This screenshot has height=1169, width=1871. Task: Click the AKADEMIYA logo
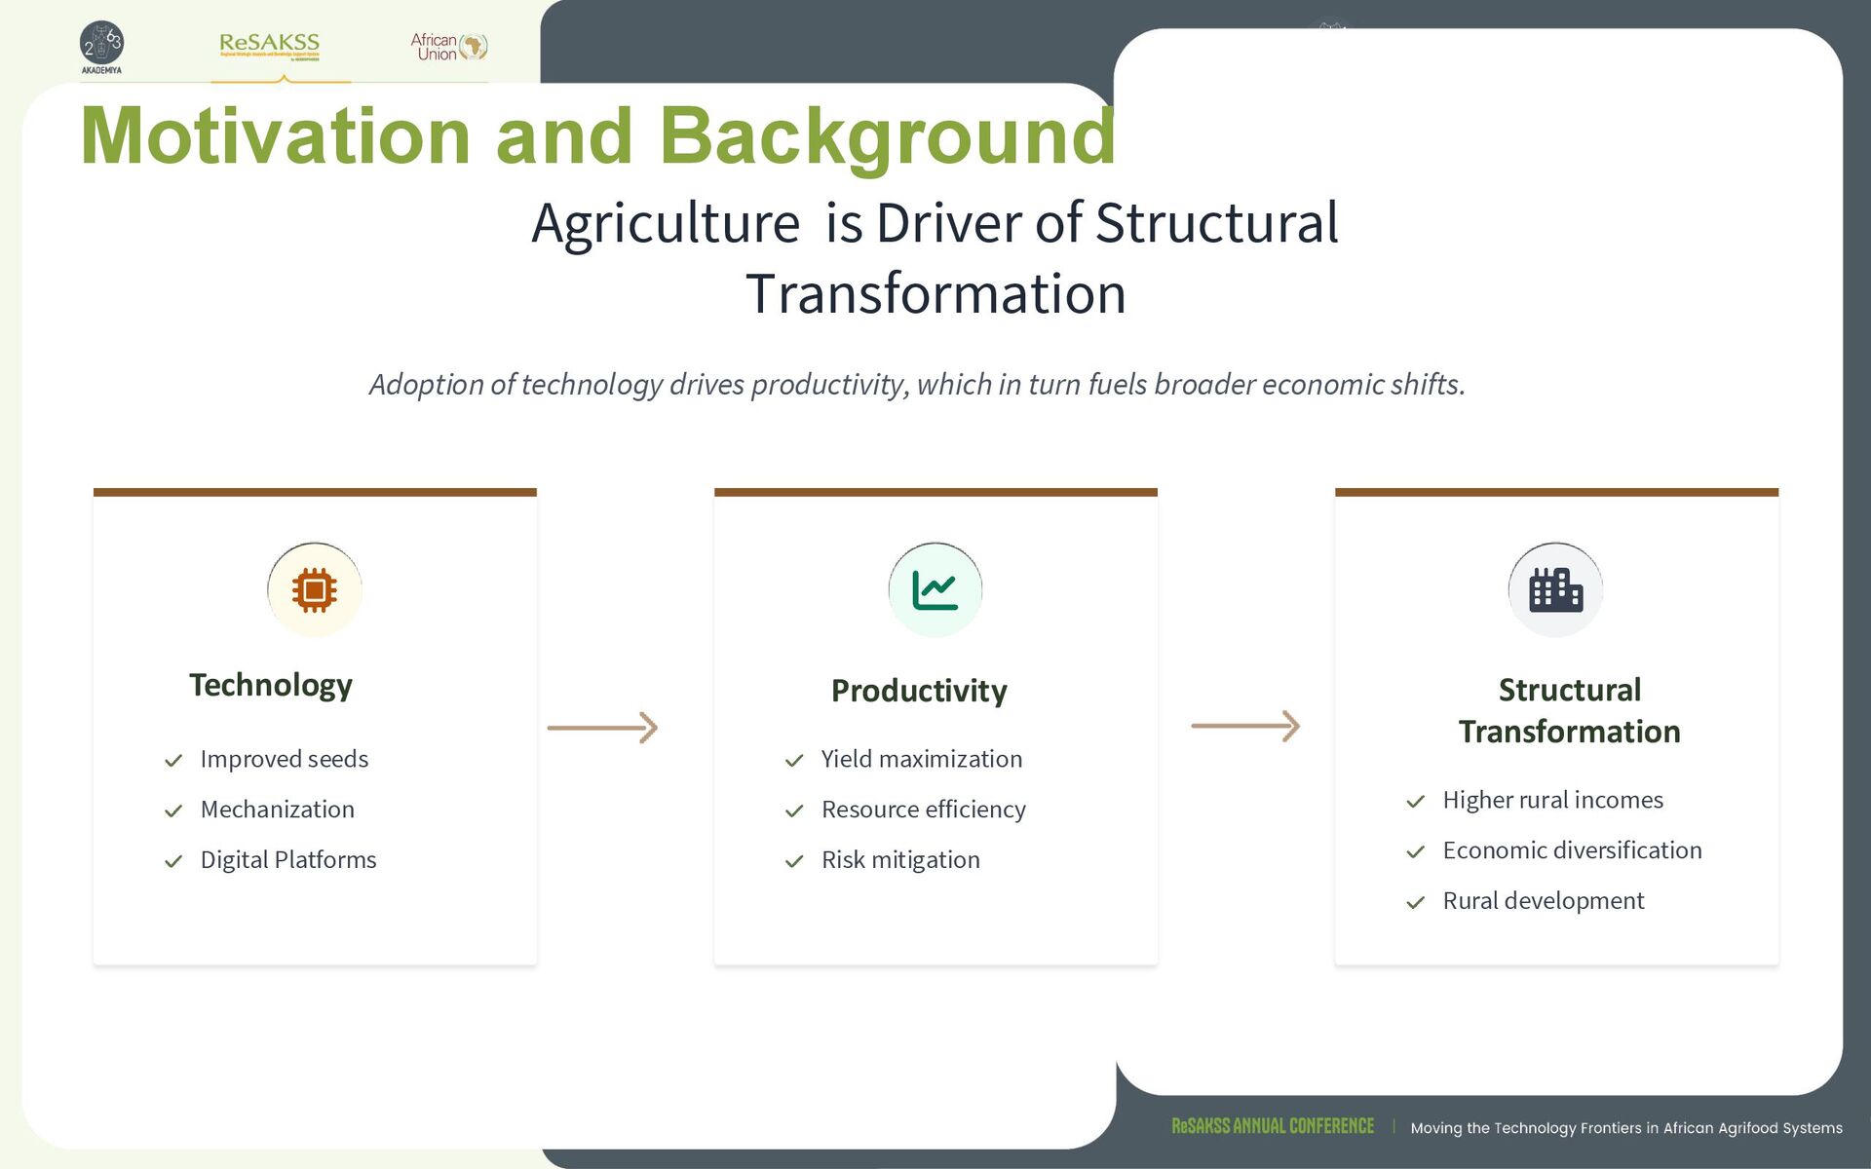pos(101,47)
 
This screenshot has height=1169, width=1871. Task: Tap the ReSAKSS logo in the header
pos(270,46)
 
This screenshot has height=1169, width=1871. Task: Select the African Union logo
pos(448,46)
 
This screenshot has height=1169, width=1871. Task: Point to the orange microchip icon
pos(314,589)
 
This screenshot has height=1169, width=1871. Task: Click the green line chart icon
pos(935,590)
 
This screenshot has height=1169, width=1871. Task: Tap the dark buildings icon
pos(1555,590)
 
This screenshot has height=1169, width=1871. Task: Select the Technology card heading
pos(271,685)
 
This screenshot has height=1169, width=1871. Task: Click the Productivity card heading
pos(919,691)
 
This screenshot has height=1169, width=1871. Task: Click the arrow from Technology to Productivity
pos(602,728)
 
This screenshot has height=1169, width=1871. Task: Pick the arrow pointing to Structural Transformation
pos(1245,726)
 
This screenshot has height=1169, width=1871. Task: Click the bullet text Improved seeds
pos(285,759)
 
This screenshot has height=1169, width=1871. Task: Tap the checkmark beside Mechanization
pos(173,811)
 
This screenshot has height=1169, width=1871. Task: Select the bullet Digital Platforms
pos(288,860)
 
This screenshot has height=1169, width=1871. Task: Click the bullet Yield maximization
pos(922,759)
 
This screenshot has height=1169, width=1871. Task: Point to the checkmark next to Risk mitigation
pos(794,861)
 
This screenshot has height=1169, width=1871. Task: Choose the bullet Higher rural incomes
pos(1553,800)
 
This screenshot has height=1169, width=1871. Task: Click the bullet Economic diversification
pos(1573,850)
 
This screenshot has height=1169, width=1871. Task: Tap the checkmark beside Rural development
pos(1416,902)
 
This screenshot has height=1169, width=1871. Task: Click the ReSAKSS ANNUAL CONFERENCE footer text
pos(1273,1126)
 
